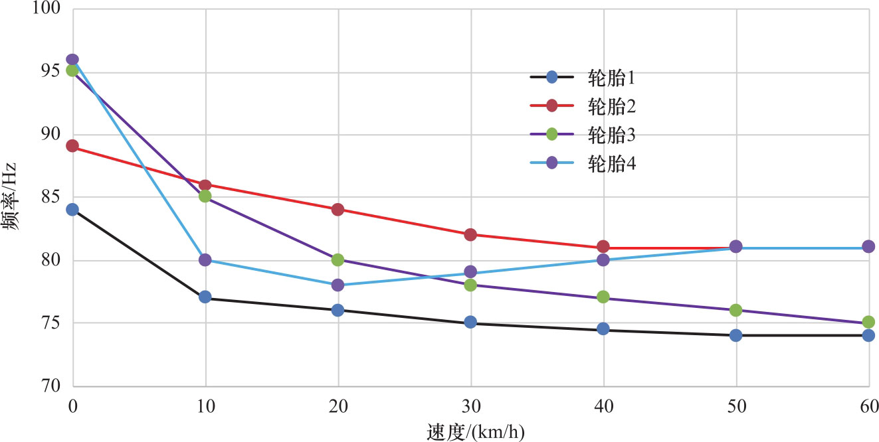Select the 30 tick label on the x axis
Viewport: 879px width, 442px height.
coord(471,405)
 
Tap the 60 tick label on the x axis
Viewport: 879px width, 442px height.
coord(869,405)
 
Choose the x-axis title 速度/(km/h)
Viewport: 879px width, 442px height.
coord(475,431)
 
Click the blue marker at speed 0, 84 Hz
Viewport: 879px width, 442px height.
coord(72,210)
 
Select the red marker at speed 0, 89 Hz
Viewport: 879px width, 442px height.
coord(72,146)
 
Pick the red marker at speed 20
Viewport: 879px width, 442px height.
coord(338,210)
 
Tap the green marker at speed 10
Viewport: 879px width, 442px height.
coord(205,196)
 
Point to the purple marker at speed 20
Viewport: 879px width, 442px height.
coord(338,285)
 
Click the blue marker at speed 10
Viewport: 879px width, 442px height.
coord(205,297)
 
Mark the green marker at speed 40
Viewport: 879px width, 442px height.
coord(603,297)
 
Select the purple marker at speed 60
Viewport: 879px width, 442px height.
coord(868,247)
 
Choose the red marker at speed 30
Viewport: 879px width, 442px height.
coord(471,234)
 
